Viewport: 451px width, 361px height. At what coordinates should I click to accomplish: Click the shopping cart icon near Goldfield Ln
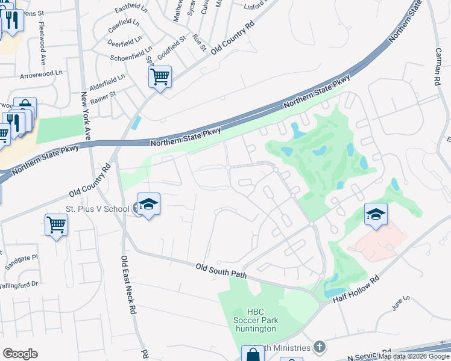tap(160, 76)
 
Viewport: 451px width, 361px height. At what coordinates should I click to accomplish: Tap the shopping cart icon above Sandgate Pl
tap(56, 224)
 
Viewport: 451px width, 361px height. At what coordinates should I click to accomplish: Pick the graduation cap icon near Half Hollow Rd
tap(375, 214)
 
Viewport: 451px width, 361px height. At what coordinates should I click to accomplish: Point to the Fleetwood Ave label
tap(42, 43)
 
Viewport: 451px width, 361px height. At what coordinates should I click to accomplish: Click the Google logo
tap(20, 354)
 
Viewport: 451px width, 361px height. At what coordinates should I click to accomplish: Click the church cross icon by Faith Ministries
tap(319, 347)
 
